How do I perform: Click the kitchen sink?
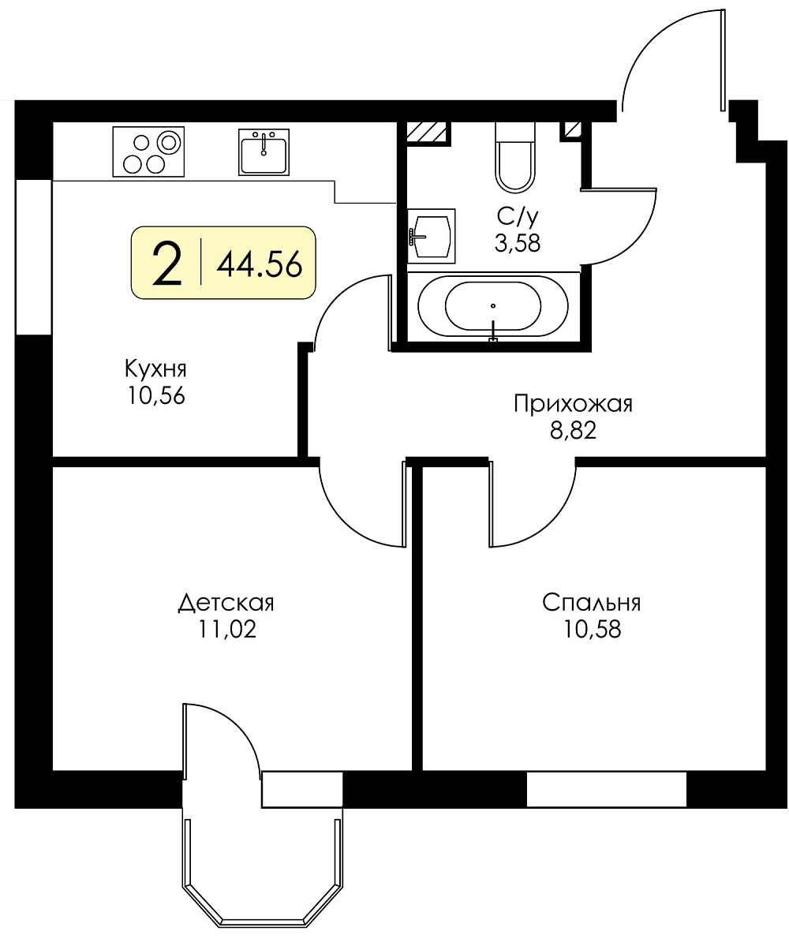coord(264,151)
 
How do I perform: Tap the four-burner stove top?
coord(148,152)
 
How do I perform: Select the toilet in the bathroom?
coord(515,157)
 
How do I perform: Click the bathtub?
coord(493,306)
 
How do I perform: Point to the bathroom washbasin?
coord(432,236)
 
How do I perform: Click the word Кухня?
coord(155,368)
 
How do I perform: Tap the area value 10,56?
coord(155,396)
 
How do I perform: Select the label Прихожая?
coord(573,403)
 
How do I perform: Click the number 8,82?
coord(573,431)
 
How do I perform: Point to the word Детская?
coord(226,603)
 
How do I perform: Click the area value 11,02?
coord(227,630)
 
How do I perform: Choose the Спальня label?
coord(591,603)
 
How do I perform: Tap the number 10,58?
coord(593,630)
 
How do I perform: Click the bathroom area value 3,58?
coord(517,243)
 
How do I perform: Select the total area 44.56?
coord(260,264)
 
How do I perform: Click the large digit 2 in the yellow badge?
coord(167,263)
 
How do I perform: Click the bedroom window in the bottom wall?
coord(607,789)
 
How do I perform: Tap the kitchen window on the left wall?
coord(34,256)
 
